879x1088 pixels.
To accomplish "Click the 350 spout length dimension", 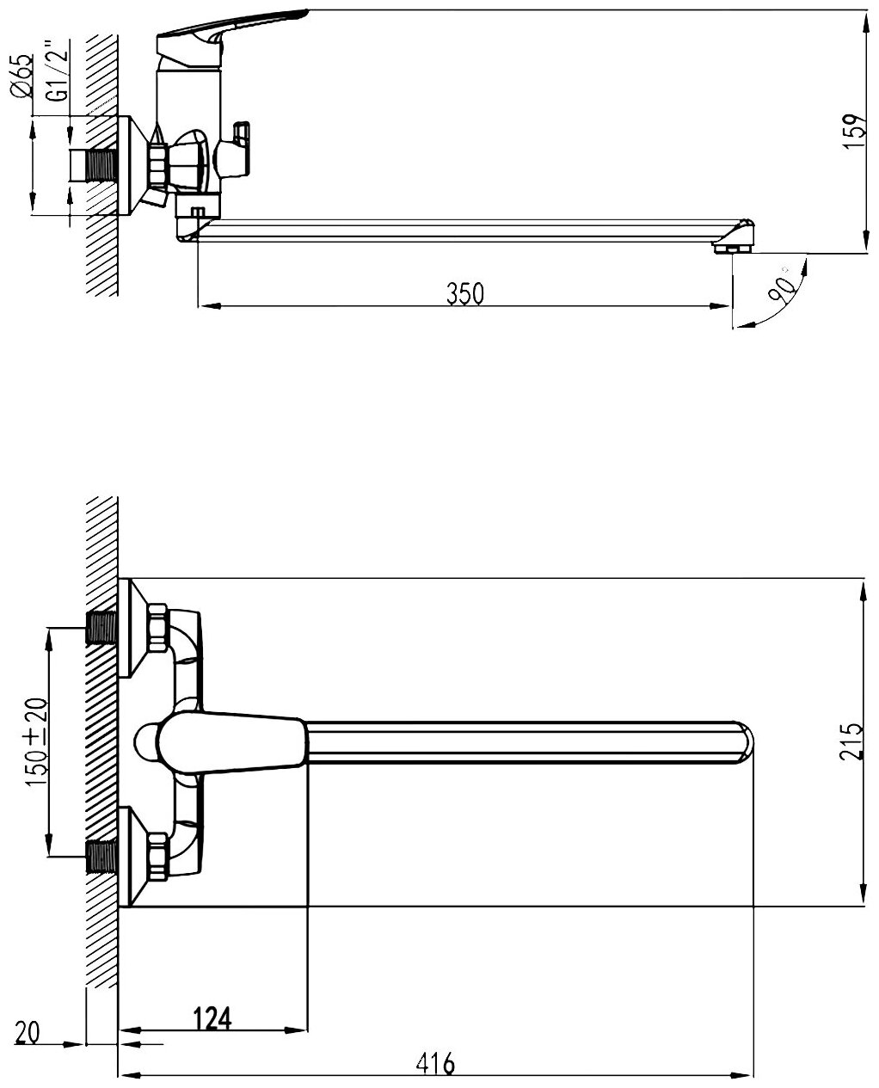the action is coord(465,293).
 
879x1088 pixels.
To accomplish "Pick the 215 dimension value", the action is coord(851,741).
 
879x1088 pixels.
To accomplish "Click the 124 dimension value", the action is coord(213,1017).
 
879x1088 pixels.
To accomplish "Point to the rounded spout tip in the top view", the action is coord(745,742).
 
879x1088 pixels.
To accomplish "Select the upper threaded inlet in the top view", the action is coord(102,628).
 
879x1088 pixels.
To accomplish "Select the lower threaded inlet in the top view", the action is coord(102,857).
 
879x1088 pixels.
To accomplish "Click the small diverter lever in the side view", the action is coord(242,136).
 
